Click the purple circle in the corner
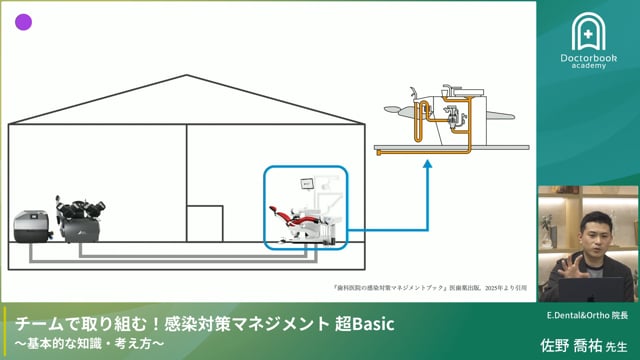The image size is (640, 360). pyautogui.click(x=24, y=22)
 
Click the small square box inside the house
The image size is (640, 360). pyautogui.click(x=206, y=224)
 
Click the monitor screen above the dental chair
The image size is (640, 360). pyautogui.click(x=308, y=183)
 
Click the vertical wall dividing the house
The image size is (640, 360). pyautogui.click(x=186, y=180)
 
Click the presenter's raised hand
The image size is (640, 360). pyautogui.click(x=573, y=267)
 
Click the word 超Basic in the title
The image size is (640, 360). pyautogui.click(x=362, y=325)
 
